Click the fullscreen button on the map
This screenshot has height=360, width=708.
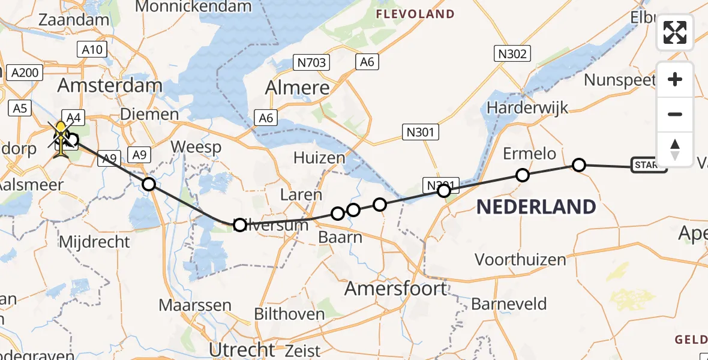[x=675, y=32]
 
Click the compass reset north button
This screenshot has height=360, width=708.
[x=675, y=149]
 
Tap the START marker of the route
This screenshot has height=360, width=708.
[x=649, y=165]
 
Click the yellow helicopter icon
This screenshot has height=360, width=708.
[x=61, y=138]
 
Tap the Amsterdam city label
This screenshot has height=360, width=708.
[x=110, y=85]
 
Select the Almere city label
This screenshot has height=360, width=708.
[x=298, y=88]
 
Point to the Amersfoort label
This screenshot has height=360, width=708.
[x=395, y=289]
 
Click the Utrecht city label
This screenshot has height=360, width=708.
[x=241, y=349]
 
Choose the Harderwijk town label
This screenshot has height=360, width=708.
[x=527, y=107]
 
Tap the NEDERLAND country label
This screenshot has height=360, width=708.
[x=536, y=208]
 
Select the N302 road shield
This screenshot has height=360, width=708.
[x=512, y=55]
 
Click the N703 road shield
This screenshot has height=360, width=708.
[x=310, y=62]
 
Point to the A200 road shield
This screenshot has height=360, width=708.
[x=25, y=73]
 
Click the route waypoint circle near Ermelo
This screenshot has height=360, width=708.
[x=523, y=175]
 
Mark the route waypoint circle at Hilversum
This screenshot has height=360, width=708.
[x=239, y=225]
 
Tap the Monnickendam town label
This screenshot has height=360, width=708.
[x=194, y=7]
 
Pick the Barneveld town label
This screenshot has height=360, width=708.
[x=509, y=304]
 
